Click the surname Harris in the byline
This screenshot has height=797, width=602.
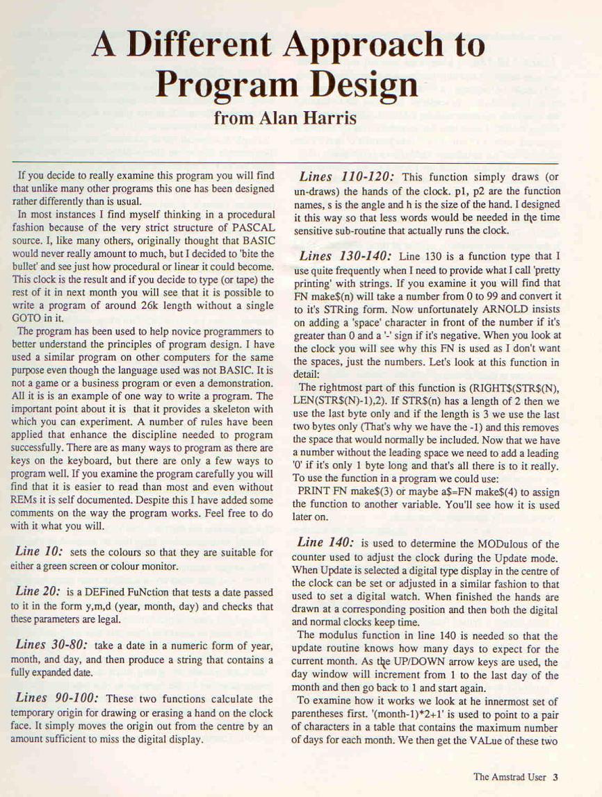tap(328, 116)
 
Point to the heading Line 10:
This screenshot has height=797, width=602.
tap(38, 551)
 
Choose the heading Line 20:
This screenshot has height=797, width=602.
tap(38, 592)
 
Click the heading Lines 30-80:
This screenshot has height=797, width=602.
tap(51, 644)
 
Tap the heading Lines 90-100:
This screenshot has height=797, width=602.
tap(56, 698)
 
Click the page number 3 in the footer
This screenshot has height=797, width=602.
tap(556, 777)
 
